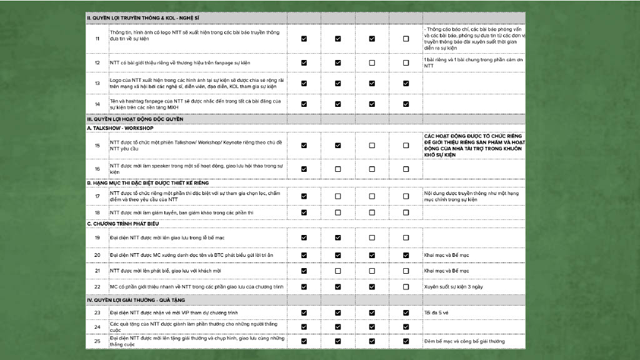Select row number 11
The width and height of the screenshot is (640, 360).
point(97,39)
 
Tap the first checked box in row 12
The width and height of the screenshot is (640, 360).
point(304,63)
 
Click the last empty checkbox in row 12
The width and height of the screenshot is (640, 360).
point(406,63)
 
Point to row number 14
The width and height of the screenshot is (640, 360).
point(97,104)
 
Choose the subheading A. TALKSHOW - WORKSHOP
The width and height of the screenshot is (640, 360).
point(120,128)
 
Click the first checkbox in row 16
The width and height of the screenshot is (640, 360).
point(304,169)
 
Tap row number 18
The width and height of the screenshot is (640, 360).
point(97,212)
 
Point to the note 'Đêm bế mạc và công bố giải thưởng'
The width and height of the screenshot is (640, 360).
point(464,341)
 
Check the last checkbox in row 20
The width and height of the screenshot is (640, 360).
point(406,255)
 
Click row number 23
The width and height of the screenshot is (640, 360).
point(97,312)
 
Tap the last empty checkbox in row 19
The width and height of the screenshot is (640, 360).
point(406,237)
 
